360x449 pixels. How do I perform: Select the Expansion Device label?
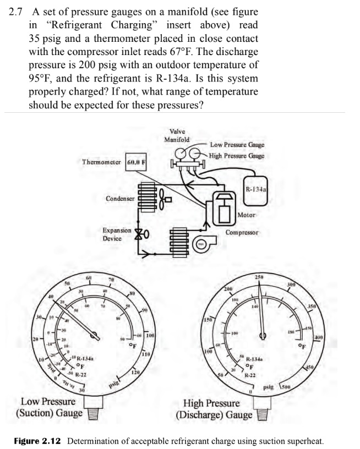117,234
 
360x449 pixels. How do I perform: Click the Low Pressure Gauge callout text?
237,145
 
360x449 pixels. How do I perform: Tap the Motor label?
246,215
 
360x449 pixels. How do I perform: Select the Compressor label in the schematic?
242,233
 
